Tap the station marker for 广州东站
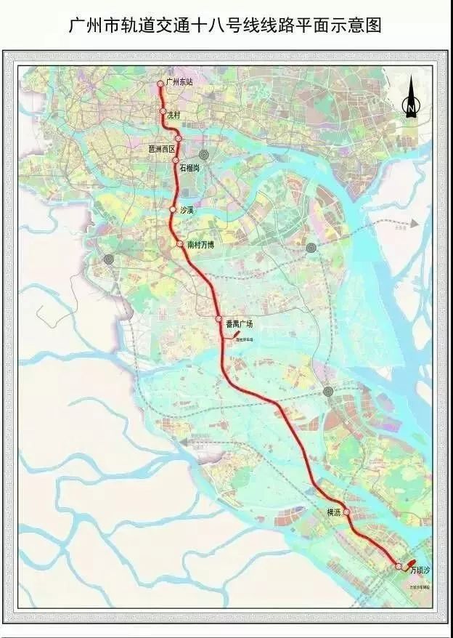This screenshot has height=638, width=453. tap(161, 84)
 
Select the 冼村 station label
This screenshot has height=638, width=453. tap(174, 114)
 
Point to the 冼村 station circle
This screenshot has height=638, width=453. tap(164, 112)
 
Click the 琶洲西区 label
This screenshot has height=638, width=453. tap(162, 148)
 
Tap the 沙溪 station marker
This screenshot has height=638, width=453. tap(173, 209)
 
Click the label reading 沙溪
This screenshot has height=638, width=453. tap(186, 210)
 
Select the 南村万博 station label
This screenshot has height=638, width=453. tap(200, 246)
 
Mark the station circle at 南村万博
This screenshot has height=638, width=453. tap(179, 244)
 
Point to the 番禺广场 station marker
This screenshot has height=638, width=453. tap(218, 320)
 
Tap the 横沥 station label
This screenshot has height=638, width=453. tap(334, 512)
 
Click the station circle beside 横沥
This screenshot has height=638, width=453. tap(346, 512)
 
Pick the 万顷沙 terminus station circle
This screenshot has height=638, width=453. tap(398, 565)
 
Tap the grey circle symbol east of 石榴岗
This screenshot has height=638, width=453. tap(204, 155)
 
